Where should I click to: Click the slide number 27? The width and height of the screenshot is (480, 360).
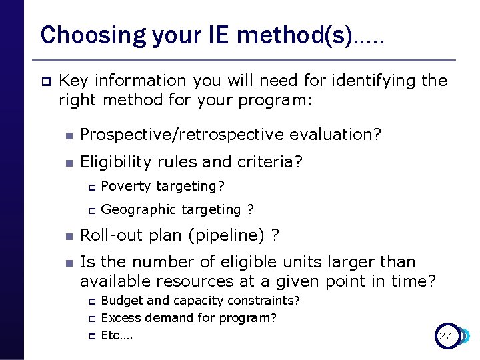445,336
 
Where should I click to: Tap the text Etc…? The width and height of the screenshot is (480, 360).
117,335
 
